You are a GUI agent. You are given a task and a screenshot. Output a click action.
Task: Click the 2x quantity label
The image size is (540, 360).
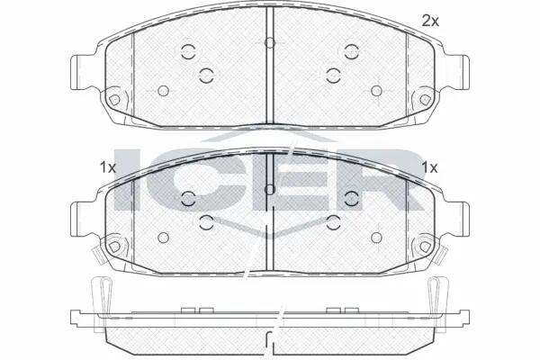coord(430,22)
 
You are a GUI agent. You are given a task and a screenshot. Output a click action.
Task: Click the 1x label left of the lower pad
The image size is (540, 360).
coord(107,167)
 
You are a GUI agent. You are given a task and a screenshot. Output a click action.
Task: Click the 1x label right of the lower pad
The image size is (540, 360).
coord(430,167)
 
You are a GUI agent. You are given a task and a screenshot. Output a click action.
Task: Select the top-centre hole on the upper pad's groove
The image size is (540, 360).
coord(270,42)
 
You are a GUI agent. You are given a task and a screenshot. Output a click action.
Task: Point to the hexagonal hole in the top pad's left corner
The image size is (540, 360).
coord(114,100)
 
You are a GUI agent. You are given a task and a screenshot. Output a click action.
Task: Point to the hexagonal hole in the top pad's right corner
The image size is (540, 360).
coord(425,100)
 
